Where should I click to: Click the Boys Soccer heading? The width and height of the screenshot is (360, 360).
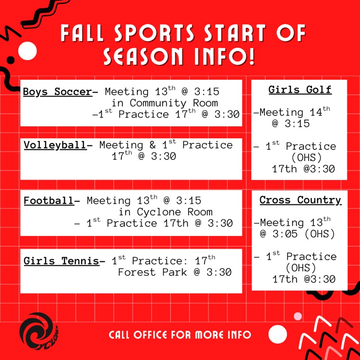(x=58, y=92)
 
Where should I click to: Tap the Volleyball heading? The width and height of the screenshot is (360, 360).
(x=55, y=145)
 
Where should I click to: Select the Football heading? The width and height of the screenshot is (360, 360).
(x=49, y=201)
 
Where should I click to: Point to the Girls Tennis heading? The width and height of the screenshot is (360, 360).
(x=61, y=261)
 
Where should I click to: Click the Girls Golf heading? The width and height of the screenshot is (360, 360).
(x=300, y=90)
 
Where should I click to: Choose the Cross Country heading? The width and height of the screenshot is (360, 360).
(x=300, y=200)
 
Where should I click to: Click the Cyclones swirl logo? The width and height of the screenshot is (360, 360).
(x=38, y=331)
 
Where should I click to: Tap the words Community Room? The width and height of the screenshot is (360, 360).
(x=174, y=103)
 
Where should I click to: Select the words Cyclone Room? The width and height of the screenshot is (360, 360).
(x=175, y=212)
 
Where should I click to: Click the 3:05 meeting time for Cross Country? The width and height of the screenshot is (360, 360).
(x=285, y=234)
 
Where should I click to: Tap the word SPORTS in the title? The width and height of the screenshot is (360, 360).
(x=154, y=33)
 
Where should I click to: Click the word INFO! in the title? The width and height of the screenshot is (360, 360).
(x=225, y=56)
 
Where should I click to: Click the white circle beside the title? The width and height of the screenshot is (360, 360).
(x=27, y=51)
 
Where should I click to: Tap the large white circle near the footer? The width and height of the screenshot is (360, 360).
(x=277, y=334)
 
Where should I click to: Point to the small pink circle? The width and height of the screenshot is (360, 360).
(x=298, y=316)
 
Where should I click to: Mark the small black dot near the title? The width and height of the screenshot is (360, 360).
(x=11, y=60)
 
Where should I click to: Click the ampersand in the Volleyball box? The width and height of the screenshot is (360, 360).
(x=152, y=145)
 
